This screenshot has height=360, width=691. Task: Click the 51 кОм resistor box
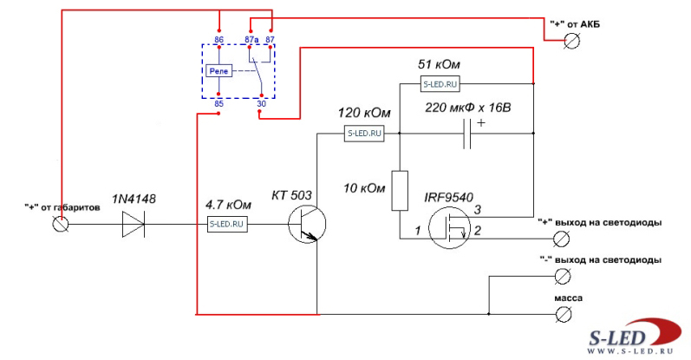pos(440,84)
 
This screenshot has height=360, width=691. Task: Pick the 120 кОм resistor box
pos(364,134)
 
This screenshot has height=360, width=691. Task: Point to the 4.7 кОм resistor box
pos(228,224)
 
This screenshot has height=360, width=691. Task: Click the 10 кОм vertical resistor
pos(400,191)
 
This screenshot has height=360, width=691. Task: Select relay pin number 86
pos(218,41)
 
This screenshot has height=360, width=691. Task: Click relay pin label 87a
pos(251,41)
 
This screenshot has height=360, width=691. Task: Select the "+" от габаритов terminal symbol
pos(62,224)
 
